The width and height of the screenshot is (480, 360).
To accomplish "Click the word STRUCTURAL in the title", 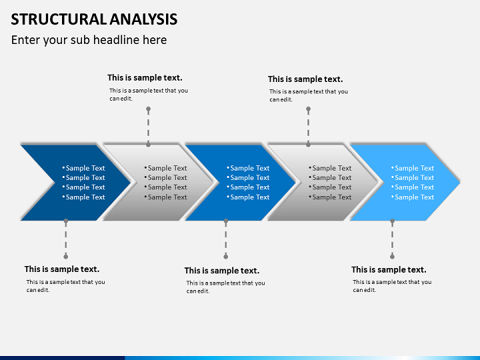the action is (59, 19).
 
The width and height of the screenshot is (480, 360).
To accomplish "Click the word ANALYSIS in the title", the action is (143, 19).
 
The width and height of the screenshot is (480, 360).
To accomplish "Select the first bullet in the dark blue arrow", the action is (83, 168).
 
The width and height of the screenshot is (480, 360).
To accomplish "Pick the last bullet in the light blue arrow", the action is (413, 197).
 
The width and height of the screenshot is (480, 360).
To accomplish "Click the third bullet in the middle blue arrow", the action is (248, 187).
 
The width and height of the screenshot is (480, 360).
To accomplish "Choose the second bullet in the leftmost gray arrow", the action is (165, 177).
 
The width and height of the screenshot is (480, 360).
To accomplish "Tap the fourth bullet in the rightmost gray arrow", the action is (330, 197).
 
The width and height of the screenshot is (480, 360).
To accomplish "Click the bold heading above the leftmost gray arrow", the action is (145, 78).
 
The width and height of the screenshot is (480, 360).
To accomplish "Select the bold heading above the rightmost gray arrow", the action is (305, 79).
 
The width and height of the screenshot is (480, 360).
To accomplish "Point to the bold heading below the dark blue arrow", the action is (62, 269).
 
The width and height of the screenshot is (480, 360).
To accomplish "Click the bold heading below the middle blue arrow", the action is (222, 271).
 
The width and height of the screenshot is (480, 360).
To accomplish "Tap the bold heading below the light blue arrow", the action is (389, 270).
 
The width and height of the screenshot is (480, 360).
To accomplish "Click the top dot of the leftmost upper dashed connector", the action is (148, 109).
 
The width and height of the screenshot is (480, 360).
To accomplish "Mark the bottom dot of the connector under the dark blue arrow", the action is (66, 256).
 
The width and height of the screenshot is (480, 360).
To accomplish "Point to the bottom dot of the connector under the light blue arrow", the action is (393, 256).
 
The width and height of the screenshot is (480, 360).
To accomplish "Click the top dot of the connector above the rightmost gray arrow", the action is (308, 109).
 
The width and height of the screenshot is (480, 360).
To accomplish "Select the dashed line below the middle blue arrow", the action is (226, 239).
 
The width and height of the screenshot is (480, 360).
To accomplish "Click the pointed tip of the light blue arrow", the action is (459, 183).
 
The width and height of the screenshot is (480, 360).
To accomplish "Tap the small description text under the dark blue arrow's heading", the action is (65, 286).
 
